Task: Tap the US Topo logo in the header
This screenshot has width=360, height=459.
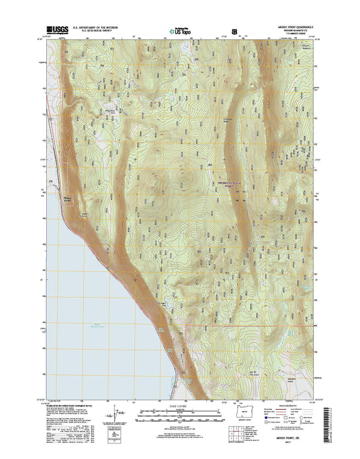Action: point(179,29)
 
